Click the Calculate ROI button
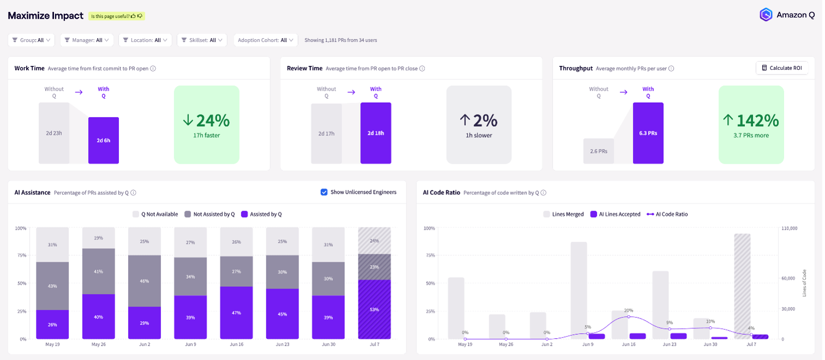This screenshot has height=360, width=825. pyautogui.click(x=781, y=68)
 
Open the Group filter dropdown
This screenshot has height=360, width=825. pyautogui.click(x=32, y=40)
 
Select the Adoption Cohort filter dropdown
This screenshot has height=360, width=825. pyautogui.click(x=265, y=40)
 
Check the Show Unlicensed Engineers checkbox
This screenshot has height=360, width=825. pyautogui.click(x=324, y=192)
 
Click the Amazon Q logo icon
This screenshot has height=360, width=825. pyautogui.click(x=766, y=15)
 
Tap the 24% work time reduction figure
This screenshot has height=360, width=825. pyautogui.click(x=206, y=121)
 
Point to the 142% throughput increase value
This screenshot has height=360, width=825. pyautogui.click(x=751, y=121)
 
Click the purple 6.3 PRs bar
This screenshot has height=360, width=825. pyautogui.click(x=648, y=133)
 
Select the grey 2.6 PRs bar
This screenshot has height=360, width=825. pyautogui.click(x=599, y=151)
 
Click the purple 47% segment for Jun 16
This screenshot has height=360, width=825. pyautogui.click(x=237, y=313)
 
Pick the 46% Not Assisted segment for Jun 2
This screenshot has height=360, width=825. pyautogui.click(x=145, y=281)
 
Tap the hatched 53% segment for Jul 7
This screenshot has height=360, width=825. pyautogui.click(x=374, y=309)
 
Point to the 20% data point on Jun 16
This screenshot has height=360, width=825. pyautogui.click(x=629, y=317)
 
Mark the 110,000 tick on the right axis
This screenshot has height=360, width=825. pyautogui.click(x=789, y=228)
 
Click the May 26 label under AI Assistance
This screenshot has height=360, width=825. pyautogui.click(x=99, y=345)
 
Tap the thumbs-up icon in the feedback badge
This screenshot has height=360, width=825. pyautogui.click(x=133, y=16)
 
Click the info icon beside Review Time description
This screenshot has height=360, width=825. pyautogui.click(x=422, y=69)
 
